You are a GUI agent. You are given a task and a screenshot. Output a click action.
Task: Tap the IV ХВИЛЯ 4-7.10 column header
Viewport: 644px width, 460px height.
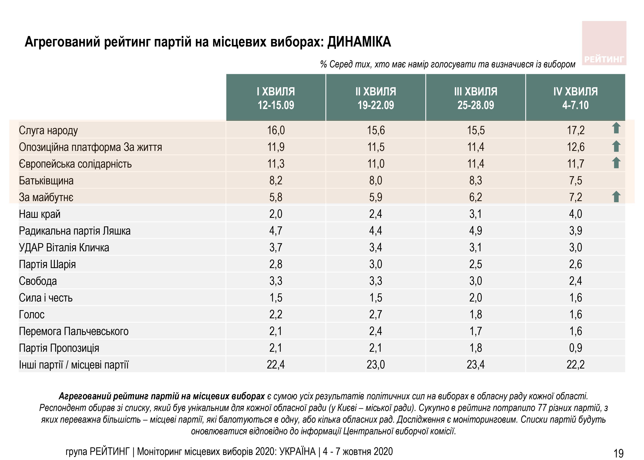tap(575, 98)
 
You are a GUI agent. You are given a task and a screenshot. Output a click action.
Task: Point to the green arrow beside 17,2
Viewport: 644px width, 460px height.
tap(616, 128)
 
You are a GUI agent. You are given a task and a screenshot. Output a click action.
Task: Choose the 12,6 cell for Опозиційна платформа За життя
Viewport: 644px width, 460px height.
tap(575, 147)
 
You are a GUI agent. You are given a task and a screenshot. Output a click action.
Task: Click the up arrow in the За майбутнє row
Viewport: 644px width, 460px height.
tap(616, 197)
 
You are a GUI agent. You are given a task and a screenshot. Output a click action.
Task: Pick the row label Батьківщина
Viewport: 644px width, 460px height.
tap(46, 181)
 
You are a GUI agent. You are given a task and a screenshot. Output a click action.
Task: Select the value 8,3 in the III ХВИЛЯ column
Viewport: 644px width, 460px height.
tap(475, 181)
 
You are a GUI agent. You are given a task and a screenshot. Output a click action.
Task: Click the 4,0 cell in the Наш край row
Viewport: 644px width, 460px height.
tap(575, 214)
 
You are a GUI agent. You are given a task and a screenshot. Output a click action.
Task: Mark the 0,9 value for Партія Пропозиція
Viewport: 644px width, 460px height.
tap(575, 348)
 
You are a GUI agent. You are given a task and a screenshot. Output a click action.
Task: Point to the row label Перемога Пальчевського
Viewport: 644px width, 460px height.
tap(74, 331)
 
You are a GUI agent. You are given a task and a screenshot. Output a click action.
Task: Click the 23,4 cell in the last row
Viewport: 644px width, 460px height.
tap(475, 365)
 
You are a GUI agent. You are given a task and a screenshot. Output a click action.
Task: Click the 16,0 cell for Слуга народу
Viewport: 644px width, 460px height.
tap(276, 130)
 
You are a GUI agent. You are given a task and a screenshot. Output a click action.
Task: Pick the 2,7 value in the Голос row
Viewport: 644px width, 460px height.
tap(376, 314)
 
